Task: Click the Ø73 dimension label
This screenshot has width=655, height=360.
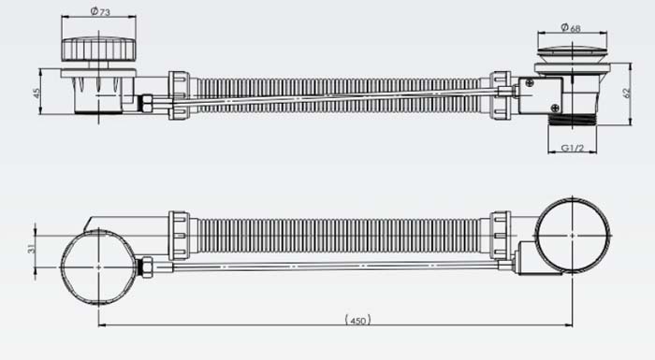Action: click(x=100, y=12)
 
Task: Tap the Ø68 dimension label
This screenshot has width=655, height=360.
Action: click(x=571, y=27)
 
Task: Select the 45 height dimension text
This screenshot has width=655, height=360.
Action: click(x=36, y=93)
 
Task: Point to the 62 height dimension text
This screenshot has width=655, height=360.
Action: click(x=627, y=93)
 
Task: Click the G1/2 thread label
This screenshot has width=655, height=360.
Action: click(x=573, y=148)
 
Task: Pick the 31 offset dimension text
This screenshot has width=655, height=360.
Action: click(x=31, y=249)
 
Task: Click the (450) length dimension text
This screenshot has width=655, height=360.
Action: click(x=358, y=321)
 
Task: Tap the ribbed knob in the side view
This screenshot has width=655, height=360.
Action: click(x=99, y=50)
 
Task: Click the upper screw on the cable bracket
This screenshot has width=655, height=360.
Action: click(x=530, y=83)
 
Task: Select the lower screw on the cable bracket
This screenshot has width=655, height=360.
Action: click(x=555, y=108)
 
